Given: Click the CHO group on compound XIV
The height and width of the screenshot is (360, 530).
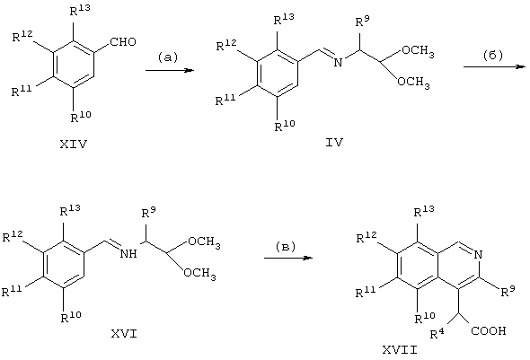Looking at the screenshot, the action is click(x=123, y=42).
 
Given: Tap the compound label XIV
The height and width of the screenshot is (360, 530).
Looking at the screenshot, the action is click(x=74, y=145).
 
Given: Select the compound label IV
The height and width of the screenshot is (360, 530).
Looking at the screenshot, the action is click(x=334, y=143).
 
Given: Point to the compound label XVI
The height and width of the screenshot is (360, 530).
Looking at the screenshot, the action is click(x=124, y=334).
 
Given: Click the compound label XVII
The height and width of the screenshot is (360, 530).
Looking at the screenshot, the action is click(x=400, y=350).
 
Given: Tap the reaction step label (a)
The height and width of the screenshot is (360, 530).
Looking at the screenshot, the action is click(x=168, y=57).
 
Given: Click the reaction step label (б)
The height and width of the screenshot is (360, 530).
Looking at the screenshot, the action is click(x=493, y=55).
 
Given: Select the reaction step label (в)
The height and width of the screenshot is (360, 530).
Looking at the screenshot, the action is click(x=286, y=247).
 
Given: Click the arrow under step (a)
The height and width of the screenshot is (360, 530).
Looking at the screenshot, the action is click(x=170, y=70).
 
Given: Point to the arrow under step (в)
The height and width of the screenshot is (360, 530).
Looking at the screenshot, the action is click(x=288, y=258).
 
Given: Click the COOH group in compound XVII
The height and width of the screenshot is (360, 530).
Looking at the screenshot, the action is click(x=489, y=330).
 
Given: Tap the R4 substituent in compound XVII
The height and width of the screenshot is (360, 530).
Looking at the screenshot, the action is click(x=437, y=333).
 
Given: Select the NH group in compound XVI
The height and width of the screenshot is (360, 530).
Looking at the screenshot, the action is click(x=128, y=253).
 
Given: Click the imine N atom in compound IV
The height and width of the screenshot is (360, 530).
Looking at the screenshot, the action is click(x=338, y=62).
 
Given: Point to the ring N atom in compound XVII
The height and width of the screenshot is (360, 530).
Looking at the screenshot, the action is click(x=478, y=255).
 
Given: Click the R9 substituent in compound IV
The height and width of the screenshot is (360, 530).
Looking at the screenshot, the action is click(x=362, y=22).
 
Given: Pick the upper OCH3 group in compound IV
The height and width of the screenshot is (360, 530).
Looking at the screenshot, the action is click(x=418, y=51).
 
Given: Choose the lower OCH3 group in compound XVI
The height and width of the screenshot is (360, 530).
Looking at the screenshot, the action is click(x=199, y=273).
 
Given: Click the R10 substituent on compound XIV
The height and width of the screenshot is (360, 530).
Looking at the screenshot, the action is click(x=81, y=117).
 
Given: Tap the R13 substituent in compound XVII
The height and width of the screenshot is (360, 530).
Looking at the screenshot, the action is click(x=424, y=211).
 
